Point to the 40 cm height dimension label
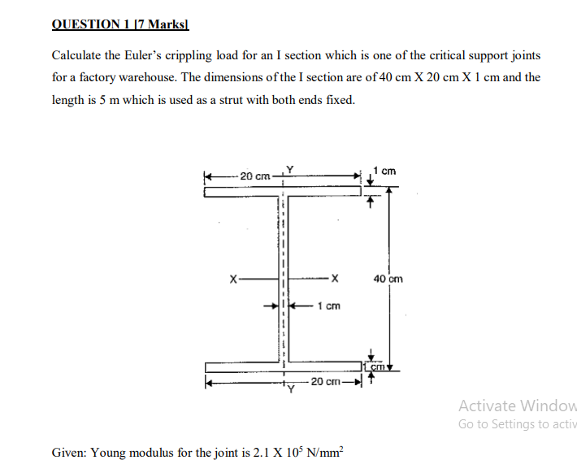click(388, 279)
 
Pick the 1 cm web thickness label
click(328, 306)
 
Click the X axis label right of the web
click(333, 279)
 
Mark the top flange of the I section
click(283, 193)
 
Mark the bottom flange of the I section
click(283, 367)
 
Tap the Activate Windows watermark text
click(517, 406)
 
